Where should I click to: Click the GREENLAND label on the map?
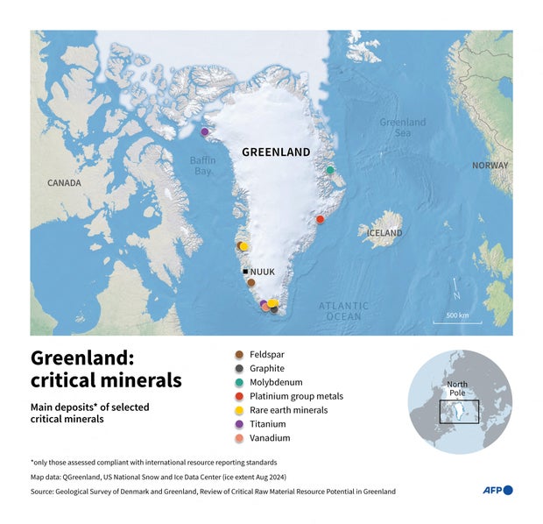pos(276,152)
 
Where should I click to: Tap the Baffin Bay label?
pos(202,166)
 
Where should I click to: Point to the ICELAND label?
pos(384,233)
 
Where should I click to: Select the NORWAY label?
pos(490,166)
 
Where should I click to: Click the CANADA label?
pos(64,183)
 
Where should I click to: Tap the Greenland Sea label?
pos(403,128)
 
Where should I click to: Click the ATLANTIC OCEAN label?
pos(343,310)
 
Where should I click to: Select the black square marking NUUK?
pos(246,272)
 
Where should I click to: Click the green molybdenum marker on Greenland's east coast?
pos(330,170)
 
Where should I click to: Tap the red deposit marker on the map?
pos(320,219)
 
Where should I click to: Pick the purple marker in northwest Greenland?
pos(205,132)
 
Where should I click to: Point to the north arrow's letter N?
pos(456,283)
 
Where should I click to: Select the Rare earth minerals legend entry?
pos(288,410)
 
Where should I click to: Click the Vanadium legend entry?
pos(269,438)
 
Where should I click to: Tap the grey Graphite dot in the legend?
pos(239,368)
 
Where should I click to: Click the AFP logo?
pos(497,490)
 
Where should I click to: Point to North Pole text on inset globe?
pos(458,389)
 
